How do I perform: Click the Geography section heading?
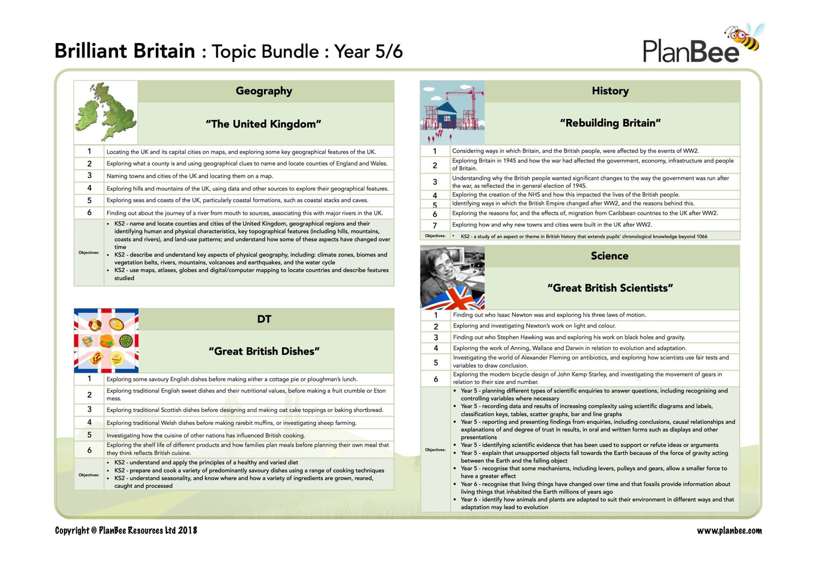click(264, 91)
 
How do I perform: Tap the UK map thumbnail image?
click(106, 112)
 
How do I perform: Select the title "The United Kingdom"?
click(264, 124)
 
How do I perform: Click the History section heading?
click(610, 91)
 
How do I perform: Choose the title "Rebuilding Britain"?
click(610, 123)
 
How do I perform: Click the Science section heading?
click(609, 256)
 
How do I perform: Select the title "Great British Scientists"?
click(610, 288)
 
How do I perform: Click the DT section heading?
click(264, 319)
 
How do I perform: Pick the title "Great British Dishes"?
click(264, 351)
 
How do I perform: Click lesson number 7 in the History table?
click(435, 226)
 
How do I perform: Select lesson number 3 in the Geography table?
click(89, 175)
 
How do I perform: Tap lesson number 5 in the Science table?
click(436, 362)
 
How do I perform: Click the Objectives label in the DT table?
click(89, 474)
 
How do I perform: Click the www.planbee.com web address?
click(729, 531)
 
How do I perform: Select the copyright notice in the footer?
click(126, 531)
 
